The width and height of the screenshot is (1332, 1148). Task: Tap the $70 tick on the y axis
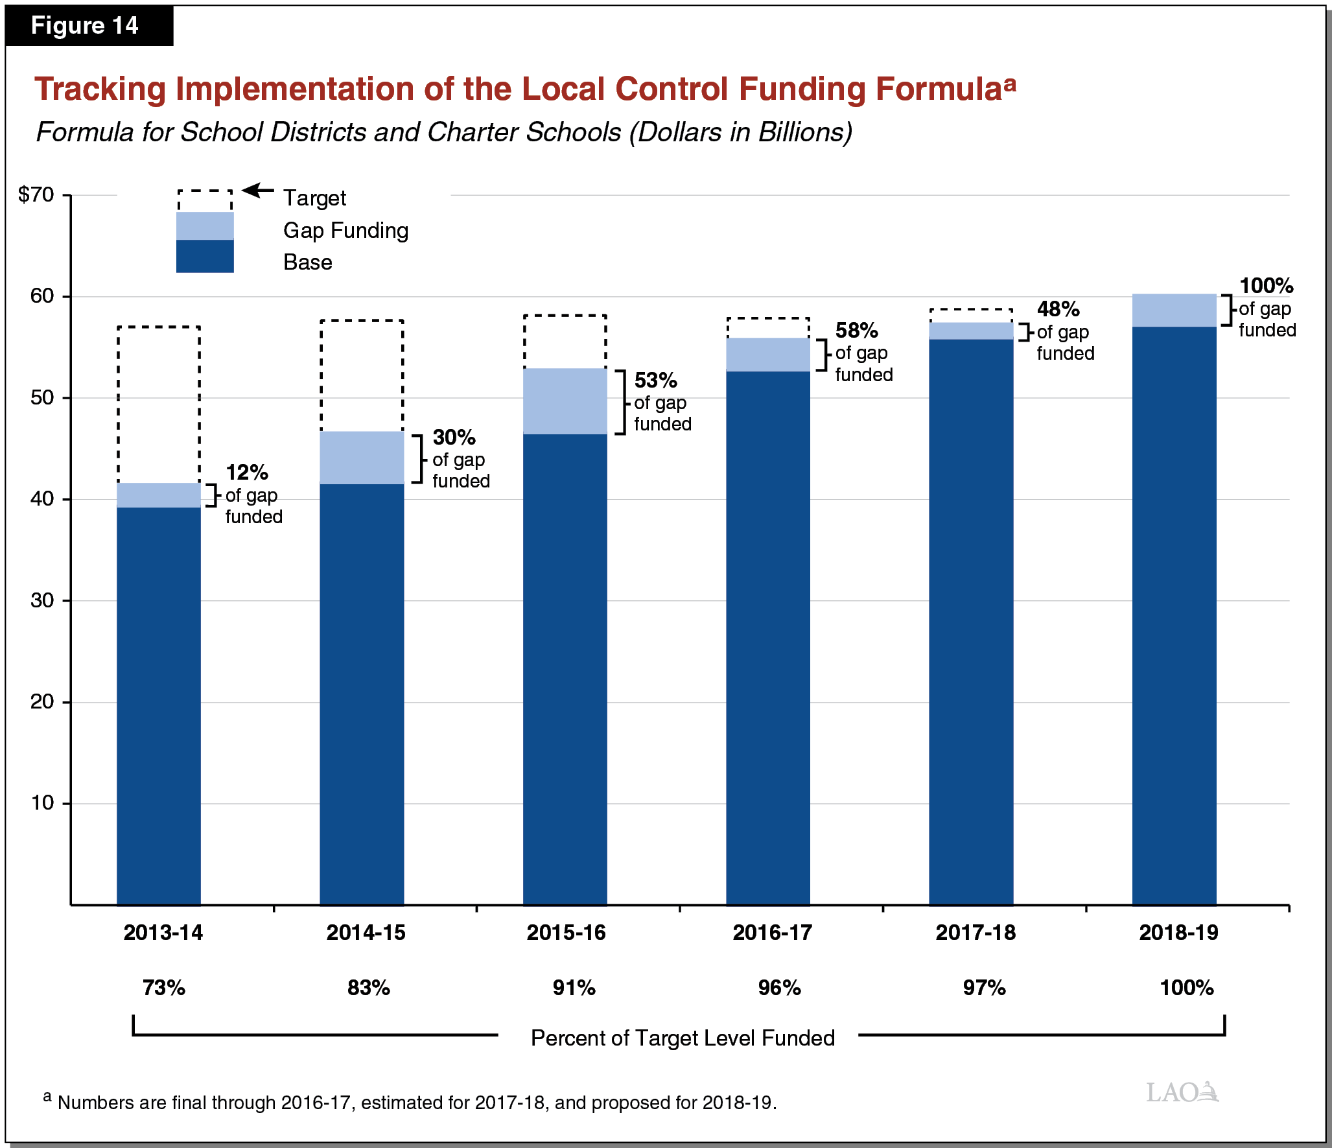pos(36,194)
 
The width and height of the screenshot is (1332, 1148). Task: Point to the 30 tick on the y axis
pos(42,600)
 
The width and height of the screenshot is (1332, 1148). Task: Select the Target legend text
pos(314,198)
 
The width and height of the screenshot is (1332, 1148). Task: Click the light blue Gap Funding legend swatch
pos(205,226)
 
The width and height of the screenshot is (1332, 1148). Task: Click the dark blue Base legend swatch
pos(205,257)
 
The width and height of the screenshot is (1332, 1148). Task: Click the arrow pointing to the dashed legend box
pos(259,191)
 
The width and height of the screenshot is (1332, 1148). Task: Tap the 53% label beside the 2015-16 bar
pos(655,381)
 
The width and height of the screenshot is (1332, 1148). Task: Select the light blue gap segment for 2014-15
pos(362,458)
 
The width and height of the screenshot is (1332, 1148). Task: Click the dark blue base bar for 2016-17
pos(768,635)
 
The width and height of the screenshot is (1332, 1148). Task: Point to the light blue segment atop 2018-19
pos(1174,310)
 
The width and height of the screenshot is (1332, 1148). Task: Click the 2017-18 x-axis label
pos(976,933)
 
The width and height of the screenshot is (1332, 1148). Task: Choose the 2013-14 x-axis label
pos(163,933)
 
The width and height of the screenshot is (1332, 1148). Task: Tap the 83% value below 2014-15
pos(368,988)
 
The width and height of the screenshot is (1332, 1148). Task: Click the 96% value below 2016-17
pos(779,988)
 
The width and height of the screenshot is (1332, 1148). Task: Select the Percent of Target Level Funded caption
pos(682,1038)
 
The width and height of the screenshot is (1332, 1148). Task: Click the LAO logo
pos(1182,1092)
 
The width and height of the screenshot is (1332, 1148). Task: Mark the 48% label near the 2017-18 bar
pos(1058,309)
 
